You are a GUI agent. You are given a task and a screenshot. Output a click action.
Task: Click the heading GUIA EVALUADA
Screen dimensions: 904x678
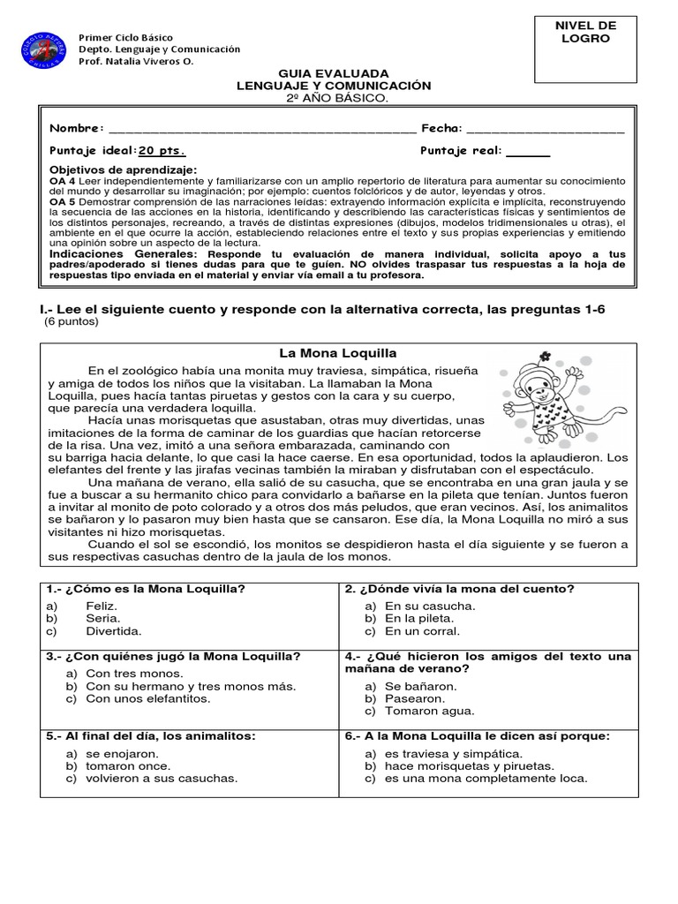(x=333, y=73)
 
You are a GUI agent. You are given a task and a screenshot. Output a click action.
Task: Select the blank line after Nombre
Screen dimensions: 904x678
(x=260, y=130)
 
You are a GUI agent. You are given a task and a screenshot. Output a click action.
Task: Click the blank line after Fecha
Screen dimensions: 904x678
(x=545, y=130)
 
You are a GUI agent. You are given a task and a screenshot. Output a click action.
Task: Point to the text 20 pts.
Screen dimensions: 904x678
(x=162, y=150)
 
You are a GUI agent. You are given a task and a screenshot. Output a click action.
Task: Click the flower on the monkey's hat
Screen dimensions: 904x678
(x=546, y=357)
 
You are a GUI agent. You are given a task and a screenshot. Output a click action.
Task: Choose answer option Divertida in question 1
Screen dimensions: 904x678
(x=114, y=631)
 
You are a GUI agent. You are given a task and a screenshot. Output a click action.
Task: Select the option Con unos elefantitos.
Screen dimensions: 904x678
(x=148, y=698)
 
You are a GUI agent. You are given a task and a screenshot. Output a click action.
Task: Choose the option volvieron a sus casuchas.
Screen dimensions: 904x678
(x=162, y=778)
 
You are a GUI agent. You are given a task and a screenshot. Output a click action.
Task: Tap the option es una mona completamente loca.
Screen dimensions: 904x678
(x=486, y=778)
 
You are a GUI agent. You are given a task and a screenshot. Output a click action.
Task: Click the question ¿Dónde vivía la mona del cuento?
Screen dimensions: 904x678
(x=460, y=588)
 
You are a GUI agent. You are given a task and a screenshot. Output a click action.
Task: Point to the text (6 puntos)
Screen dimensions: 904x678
(x=72, y=321)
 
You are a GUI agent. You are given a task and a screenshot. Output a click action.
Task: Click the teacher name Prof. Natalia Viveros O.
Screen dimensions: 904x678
(x=136, y=62)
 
